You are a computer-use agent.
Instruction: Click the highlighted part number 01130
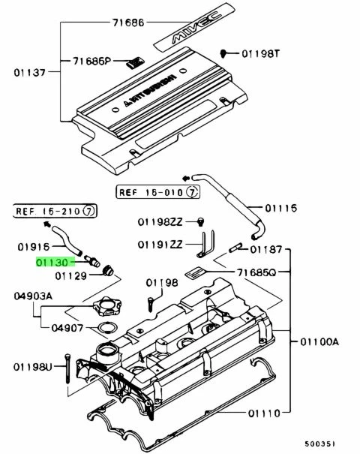pos(51,263)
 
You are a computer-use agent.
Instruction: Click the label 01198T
pos(259,54)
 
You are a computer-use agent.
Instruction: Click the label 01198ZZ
pos(160,222)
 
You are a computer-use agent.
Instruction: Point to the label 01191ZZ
pos(159,245)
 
